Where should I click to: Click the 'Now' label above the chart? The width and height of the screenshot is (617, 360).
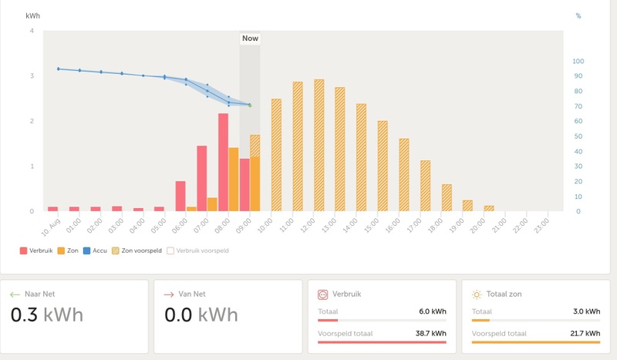[250, 39]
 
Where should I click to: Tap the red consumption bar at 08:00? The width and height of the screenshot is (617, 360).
[223, 162]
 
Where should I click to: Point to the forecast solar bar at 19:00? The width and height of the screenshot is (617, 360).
[467, 205]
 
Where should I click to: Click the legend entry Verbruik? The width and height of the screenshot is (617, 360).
[35, 251]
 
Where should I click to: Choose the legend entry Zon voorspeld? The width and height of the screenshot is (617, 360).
[137, 251]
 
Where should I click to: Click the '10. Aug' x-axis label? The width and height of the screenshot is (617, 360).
[49, 225]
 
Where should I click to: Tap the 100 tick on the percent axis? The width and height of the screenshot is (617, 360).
[578, 61]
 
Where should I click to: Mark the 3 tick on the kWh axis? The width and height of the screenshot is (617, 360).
[32, 76]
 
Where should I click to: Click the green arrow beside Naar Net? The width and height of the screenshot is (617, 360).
[15, 294]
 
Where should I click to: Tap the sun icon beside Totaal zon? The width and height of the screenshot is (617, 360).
[477, 294]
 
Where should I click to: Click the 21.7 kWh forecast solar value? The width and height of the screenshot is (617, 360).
[585, 334]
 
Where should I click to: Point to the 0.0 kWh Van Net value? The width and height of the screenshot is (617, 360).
[201, 315]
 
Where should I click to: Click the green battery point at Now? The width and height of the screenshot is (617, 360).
[250, 105]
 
